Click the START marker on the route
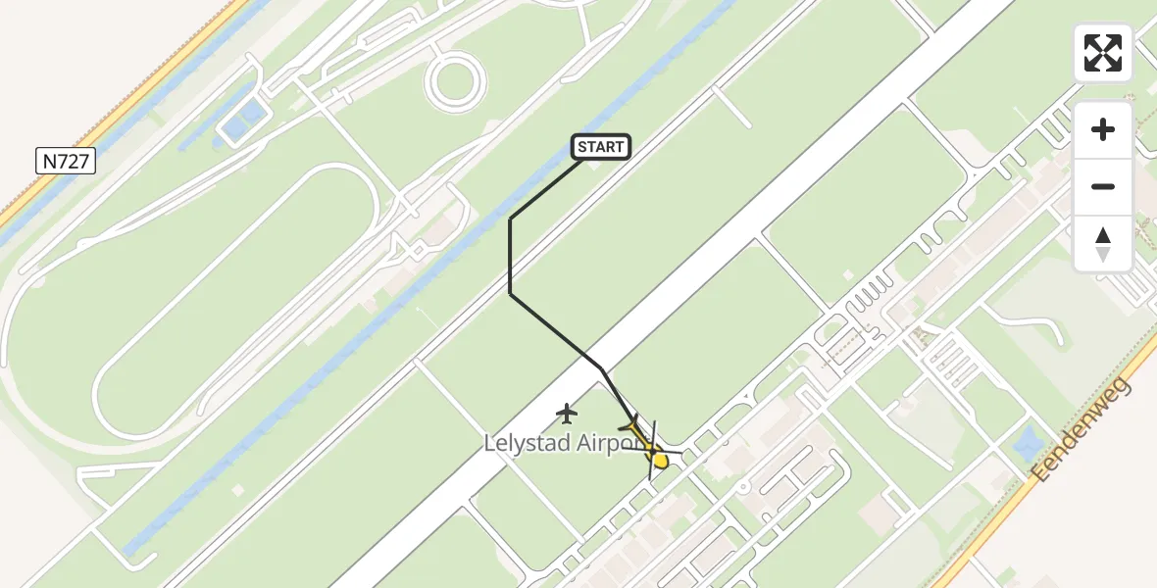(600, 147)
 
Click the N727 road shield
(66, 161)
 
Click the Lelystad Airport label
(557, 444)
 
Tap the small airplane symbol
(567, 414)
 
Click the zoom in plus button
(1103, 129)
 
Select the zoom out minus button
(1103, 186)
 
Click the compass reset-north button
(1103, 243)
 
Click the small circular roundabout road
(456, 80)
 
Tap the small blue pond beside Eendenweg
(1030, 443)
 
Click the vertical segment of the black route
(510, 255)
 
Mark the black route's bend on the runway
(600, 368)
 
